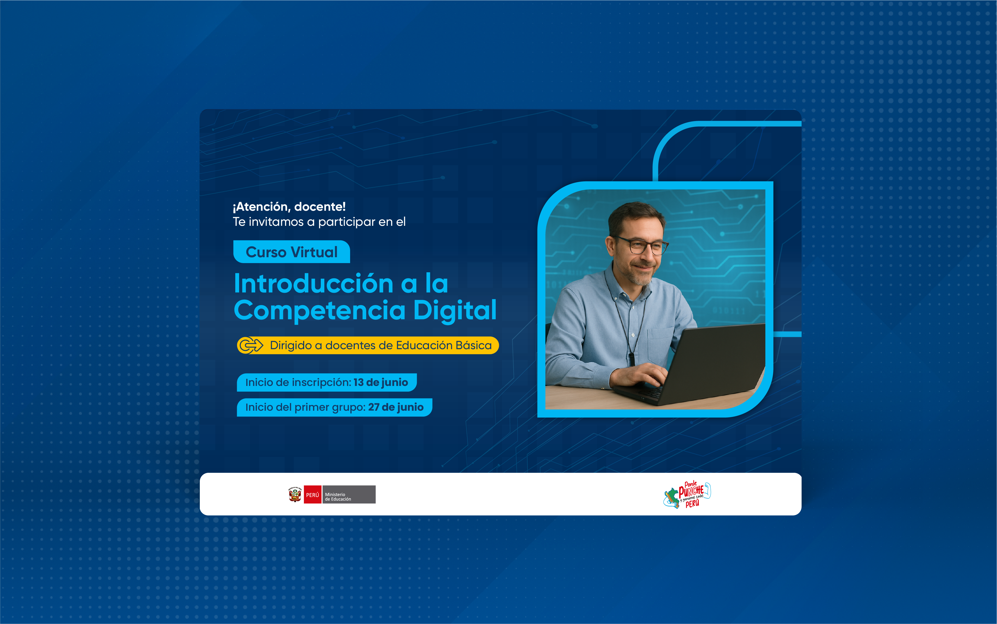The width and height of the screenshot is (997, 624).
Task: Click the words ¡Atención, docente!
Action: (x=289, y=207)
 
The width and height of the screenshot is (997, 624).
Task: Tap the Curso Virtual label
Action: (x=291, y=252)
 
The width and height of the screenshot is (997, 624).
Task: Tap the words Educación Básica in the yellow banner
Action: (x=444, y=345)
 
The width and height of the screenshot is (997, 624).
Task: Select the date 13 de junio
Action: (x=380, y=383)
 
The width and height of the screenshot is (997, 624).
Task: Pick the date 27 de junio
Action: (x=396, y=407)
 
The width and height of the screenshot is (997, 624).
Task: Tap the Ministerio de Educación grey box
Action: (x=348, y=495)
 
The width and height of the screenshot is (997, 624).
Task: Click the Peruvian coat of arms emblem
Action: (x=295, y=495)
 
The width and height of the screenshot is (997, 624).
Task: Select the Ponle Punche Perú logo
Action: (x=687, y=495)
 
